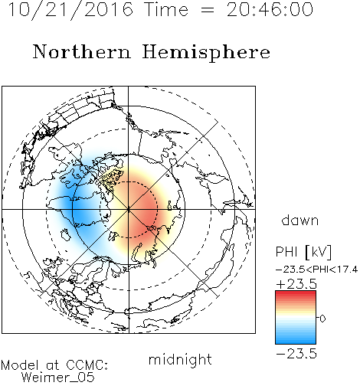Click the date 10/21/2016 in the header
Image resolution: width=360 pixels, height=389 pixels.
point(70,10)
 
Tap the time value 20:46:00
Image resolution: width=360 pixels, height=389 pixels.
point(270,9)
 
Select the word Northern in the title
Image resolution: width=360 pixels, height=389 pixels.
point(82,51)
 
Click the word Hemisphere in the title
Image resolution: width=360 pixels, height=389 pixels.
point(206,53)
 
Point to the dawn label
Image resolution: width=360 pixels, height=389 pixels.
point(300,220)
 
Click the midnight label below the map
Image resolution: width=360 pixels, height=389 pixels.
point(180,359)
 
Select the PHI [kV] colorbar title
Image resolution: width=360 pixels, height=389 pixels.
point(303,252)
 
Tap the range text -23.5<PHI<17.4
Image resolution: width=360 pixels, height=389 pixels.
point(316,270)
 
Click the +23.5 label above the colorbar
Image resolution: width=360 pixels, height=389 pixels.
point(296,284)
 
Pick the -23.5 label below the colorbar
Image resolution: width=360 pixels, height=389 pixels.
point(296,354)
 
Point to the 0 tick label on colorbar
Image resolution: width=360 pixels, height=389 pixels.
point(322,319)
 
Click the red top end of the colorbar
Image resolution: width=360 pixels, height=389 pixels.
point(296,293)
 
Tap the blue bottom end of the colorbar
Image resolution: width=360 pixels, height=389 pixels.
point(296,342)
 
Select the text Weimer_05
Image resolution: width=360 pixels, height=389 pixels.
point(58,378)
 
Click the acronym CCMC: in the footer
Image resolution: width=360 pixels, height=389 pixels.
point(87,365)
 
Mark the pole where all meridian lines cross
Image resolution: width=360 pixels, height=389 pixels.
point(129,210)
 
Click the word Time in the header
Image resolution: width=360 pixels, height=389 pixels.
point(166,9)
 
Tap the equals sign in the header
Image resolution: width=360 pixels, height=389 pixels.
point(208,11)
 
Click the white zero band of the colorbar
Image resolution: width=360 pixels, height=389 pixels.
point(296,318)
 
